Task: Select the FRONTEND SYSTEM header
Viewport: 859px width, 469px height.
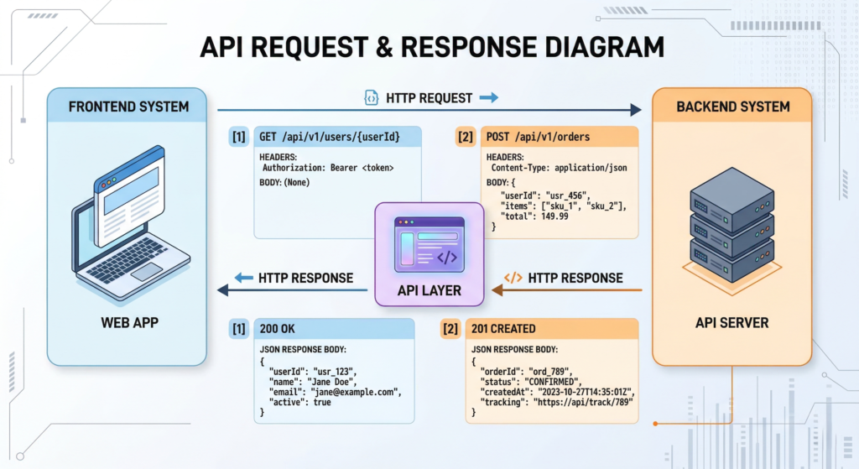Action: click(x=128, y=107)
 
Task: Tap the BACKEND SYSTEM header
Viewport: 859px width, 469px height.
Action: click(x=732, y=107)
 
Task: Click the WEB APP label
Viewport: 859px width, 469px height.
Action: click(x=128, y=322)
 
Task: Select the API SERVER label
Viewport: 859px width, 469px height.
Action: click(x=731, y=322)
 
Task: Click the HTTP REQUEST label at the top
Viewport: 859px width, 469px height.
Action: click(x=429, y=98)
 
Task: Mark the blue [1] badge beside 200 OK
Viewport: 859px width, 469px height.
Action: click(x=239, y=329)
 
